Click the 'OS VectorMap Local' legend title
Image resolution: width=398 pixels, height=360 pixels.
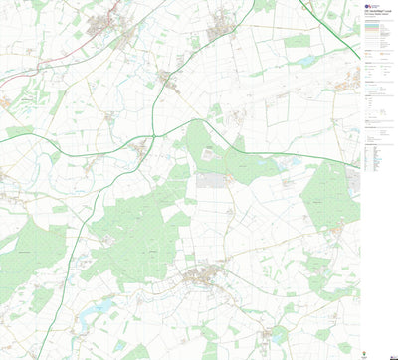tap(377, 11)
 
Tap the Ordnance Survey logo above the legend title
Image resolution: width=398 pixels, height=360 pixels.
tap(370, 5)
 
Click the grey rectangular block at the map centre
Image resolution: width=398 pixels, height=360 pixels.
tap(210, 180)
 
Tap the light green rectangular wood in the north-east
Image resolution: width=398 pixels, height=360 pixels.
tap(297, 42)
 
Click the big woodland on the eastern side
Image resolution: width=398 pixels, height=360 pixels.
tap(328, 194)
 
